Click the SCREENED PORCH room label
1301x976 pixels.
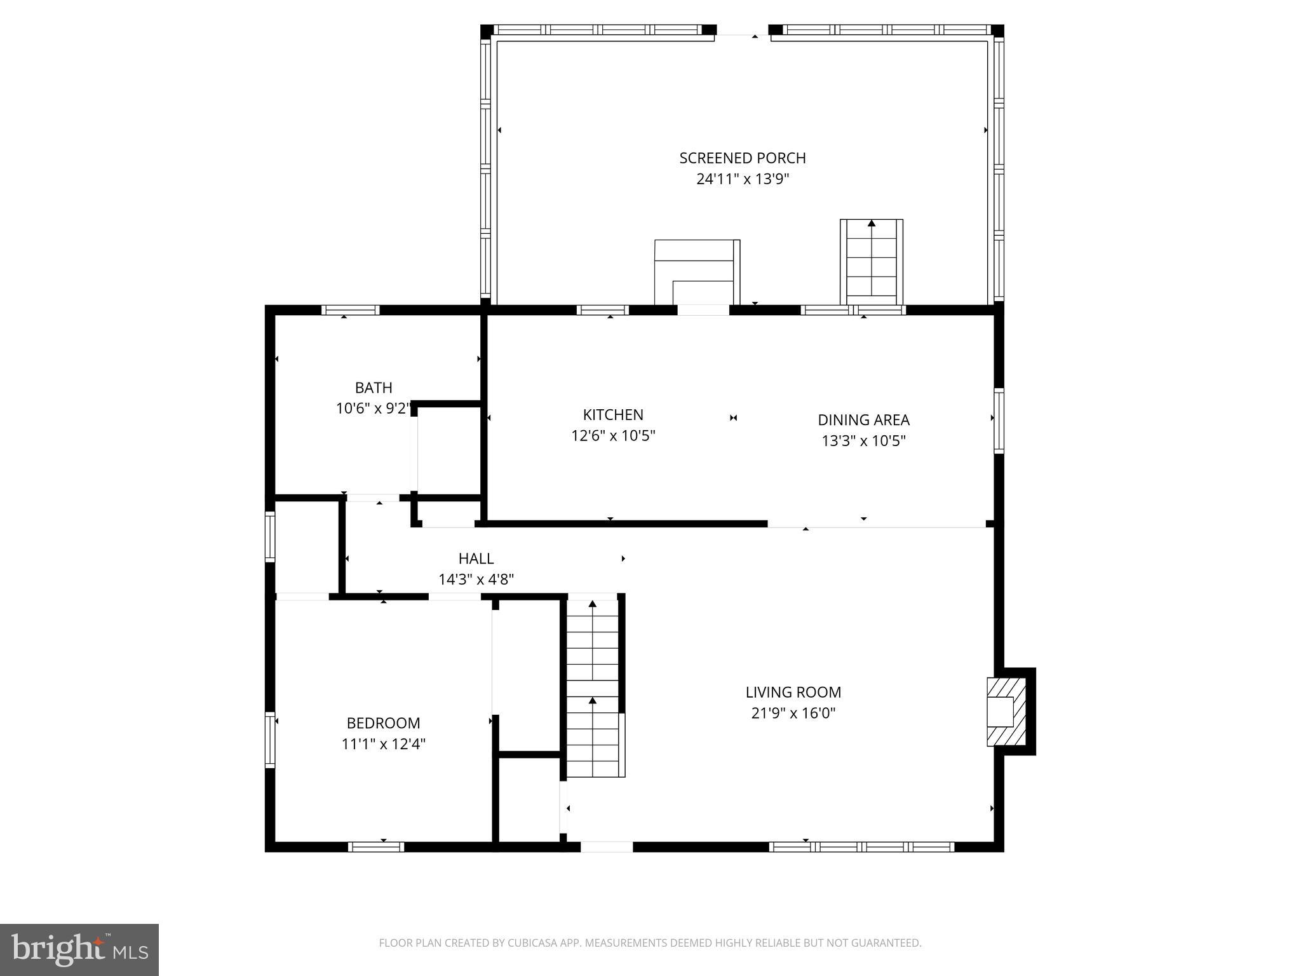pyautogui.click(x=742, y=158)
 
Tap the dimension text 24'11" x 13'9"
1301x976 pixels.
pyautogui.click(x=742, y=179)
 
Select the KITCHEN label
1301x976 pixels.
pyautogui.click(x=613, y=415)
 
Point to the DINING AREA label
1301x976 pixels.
pyautogui.click(x=863, y=420)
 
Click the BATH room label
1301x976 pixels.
pyautogui.click(x=374, y=388)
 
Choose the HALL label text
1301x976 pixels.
pyautogui.click(x=476, y=559)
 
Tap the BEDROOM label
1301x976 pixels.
pyautogui.click(x=383, y=723)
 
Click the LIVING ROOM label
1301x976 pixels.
pyautogui.click(x=793, y=692)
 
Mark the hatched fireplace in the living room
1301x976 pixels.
pyautogui.click(x=1006, y=712)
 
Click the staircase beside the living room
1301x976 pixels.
pyautogui.click(x=593, y=686)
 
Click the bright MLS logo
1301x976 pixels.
pyautogui.click(x=79, y=949)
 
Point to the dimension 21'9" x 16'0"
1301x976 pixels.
pyautogui.click(x=793, y=714)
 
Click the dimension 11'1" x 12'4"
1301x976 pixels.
pyautogui.click(x=383, y=744)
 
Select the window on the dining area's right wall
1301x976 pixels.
pyautogui.click(x=999, y=420)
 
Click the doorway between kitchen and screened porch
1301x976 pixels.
pyautogui.click(x=703, y=310)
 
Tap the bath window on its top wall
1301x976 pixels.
pyautogui.click(x=350, y=310)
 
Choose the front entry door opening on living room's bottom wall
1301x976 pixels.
pyautogui.click(x=607, y=846)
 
